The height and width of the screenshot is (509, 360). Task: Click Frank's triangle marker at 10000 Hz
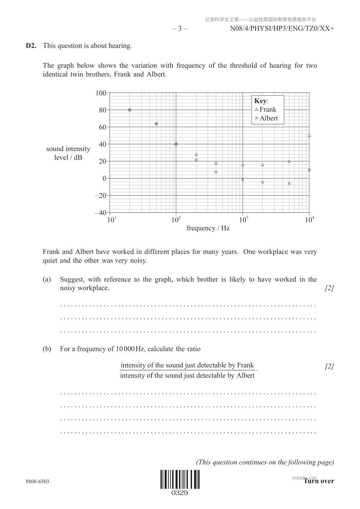click(309, 136)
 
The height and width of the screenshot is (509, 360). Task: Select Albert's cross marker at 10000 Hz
click(309, 170)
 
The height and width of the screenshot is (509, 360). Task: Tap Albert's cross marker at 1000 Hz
click(242, 180)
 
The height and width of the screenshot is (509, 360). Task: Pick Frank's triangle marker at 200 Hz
click(196, 154)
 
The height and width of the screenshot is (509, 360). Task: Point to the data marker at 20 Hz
click(130, 110)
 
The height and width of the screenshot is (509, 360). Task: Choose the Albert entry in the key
click(266, 118)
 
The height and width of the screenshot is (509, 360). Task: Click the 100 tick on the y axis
click(101, 93)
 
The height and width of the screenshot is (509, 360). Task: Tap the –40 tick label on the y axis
click(100, 213)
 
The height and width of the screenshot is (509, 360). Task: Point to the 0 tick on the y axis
click(104, 178)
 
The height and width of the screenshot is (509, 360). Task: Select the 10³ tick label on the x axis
click(243, 220)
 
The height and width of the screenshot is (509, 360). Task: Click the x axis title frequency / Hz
click(208, 228)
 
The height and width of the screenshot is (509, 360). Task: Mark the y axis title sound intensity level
click(68, 153)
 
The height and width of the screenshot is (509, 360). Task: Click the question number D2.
click(31, 46)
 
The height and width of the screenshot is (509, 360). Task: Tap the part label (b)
click(47, 349)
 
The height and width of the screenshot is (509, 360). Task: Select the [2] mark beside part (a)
click(329, 288)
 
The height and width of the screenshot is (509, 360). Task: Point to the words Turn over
click(319, 481)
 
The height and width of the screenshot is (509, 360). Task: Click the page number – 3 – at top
click(180, 29)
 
